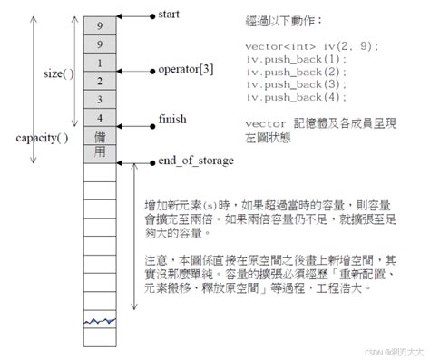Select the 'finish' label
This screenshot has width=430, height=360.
click(174, 119)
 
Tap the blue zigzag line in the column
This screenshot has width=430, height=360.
click(100, 321)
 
